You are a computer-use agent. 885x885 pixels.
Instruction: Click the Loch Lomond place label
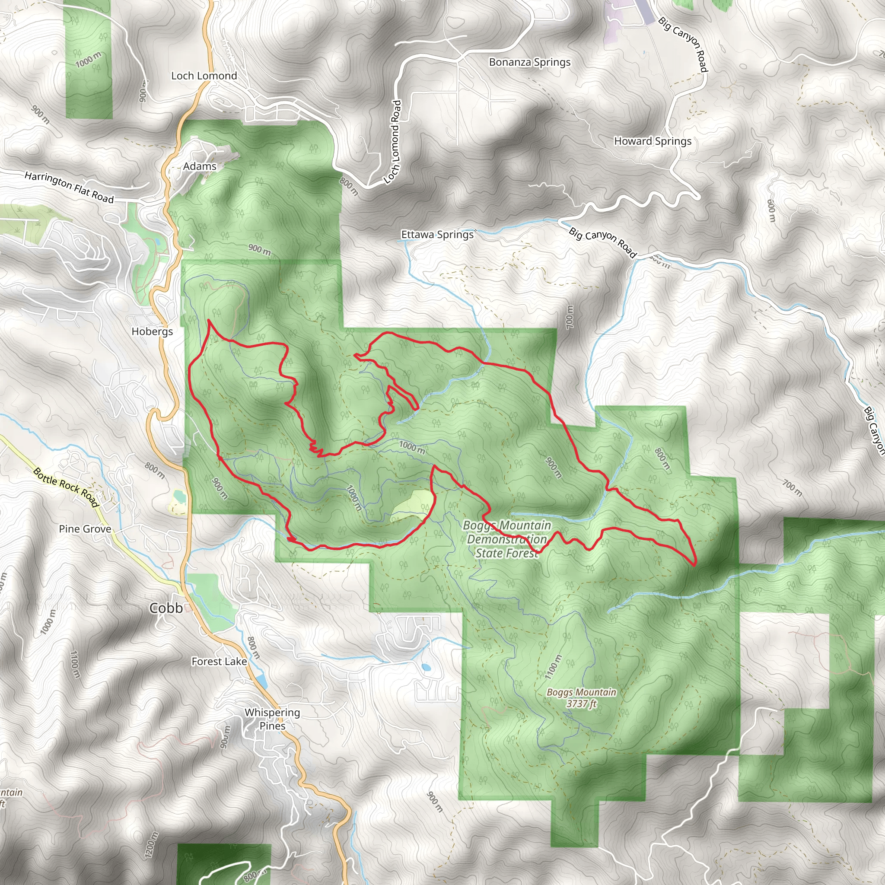(x=204, y=76)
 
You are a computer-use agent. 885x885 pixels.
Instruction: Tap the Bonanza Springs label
(x=529, y=62)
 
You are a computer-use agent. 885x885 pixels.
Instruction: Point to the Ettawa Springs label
(x=437, y=235)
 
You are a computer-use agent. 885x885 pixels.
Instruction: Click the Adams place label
(x=200, y=166)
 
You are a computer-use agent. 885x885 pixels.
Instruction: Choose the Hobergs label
(x=152, y=331)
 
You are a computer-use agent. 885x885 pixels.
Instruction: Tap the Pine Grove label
(x=85, y=529)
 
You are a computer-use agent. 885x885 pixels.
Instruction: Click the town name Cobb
(x=166, y=608)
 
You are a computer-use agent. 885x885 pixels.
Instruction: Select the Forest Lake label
(x=219, y=662)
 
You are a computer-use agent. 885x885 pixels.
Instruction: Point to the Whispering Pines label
(x=272, y=719)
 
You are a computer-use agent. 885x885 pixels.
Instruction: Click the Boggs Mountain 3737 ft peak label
(x=581, y=697)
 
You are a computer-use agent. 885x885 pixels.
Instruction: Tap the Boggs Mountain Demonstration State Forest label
(x=506, y=539)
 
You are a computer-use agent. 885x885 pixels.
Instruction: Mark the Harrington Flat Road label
(x=69, y=187)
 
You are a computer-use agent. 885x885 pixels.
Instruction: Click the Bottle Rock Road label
(x=67, y=488)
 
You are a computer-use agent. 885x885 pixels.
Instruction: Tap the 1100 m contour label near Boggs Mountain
(x=553, y=666)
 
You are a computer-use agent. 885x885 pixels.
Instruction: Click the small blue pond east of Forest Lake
(x=427, y=667)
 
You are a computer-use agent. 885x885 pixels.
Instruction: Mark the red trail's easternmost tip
(x=695, y=563)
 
